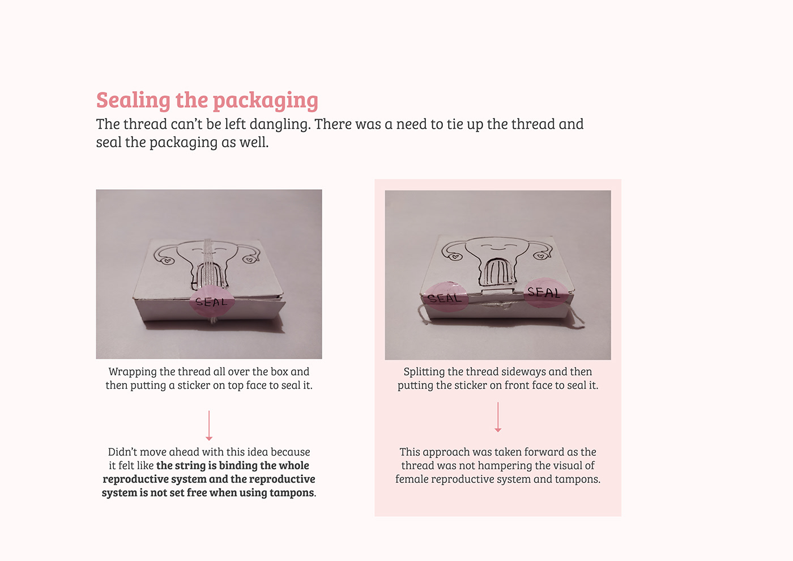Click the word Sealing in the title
coord(133,100)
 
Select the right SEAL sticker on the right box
coord(544,292)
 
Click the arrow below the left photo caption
coord(209,426)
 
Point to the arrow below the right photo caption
coord(498,418)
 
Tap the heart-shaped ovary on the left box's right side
coord(248,260)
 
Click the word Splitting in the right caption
coord(424,372)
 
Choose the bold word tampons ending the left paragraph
coord(291,492)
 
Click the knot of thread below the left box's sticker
coord(214,320)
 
